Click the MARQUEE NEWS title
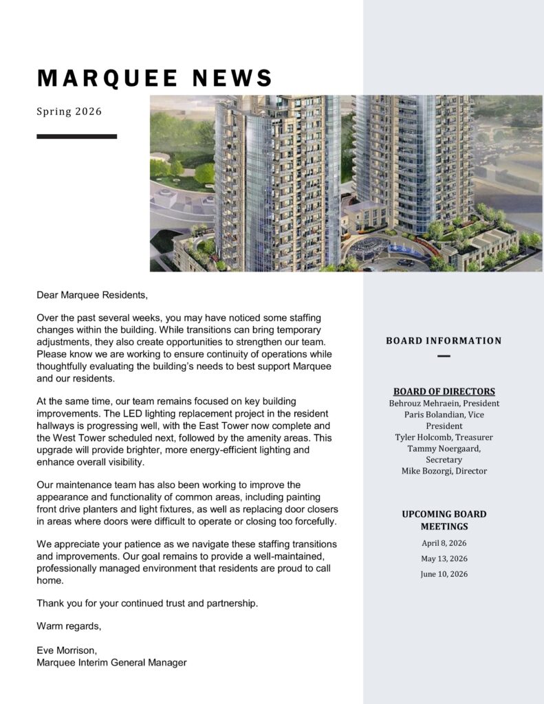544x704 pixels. point(155,78)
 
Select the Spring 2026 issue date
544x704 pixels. point(69,111)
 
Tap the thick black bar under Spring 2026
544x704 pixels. point(76,137)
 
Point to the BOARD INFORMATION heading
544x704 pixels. point(444,340)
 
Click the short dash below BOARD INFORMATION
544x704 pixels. point(444,356)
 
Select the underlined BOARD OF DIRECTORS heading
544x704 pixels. point(444,392)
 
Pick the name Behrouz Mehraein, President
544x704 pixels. point(444,404)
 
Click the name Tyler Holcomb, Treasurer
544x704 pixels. point(444,437)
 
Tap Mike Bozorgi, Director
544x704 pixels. point(444,471)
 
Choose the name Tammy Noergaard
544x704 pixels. point(444,448)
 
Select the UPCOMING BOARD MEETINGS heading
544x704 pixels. point(444,520)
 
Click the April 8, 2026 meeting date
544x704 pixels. point(444,543)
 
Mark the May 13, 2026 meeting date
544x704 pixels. point(444,558)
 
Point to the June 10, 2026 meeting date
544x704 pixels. point(444,574)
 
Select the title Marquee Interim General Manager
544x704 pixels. point(111,662)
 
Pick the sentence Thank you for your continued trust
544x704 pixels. point(147,603)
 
